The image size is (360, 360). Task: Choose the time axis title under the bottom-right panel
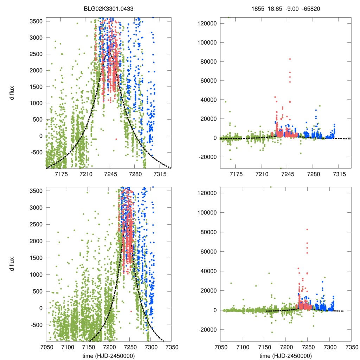click(285, 355)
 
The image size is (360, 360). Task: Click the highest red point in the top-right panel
click(290, 59)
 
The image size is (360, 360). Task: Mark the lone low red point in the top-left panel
click(116, 139)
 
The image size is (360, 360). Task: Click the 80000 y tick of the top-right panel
click(210, 62)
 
